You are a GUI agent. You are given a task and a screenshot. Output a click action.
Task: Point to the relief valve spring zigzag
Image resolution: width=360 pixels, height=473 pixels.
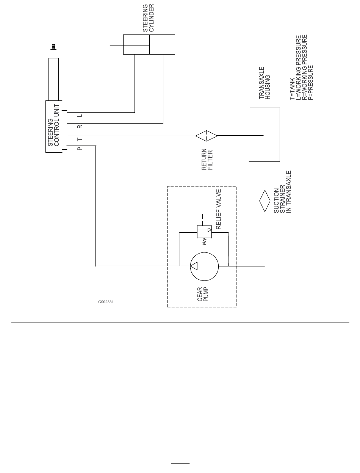pos(204,241)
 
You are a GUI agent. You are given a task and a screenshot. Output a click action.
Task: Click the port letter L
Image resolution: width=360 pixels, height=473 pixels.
pos(80,116)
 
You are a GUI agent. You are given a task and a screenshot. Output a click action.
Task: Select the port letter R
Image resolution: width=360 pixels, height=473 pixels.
pos(80,127)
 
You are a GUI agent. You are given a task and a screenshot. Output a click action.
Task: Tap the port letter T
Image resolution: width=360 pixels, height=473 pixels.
pos(80,139)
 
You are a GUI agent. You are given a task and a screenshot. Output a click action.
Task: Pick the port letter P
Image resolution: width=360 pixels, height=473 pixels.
pos(80,149)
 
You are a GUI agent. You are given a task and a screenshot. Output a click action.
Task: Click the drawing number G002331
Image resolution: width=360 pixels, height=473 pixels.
pos(106,302)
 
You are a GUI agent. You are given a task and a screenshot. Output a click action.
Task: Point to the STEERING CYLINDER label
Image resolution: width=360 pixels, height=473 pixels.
pos(149,18)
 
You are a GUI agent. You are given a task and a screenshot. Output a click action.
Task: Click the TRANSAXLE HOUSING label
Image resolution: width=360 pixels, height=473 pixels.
pos(265,83)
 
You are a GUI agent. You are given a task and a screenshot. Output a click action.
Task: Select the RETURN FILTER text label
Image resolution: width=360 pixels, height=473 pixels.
pos(207,159)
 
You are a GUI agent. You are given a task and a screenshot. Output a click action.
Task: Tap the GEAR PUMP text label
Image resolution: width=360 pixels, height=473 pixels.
pos(203,294)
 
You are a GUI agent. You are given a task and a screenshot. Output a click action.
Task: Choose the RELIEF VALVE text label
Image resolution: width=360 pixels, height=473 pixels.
pos(218,209)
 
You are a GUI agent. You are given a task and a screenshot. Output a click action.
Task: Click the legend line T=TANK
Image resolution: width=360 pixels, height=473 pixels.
pos(292,89)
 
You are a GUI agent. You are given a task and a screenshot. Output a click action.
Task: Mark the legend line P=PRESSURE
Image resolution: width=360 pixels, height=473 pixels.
pos(310,83)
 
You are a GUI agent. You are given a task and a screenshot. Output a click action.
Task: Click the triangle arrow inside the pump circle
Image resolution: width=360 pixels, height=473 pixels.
pos(194,266)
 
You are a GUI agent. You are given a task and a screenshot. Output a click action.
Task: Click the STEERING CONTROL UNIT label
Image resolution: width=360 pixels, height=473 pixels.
pos(53,125)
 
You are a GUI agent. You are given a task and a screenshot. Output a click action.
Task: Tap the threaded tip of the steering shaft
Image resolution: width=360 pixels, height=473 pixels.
pos(53,47)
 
